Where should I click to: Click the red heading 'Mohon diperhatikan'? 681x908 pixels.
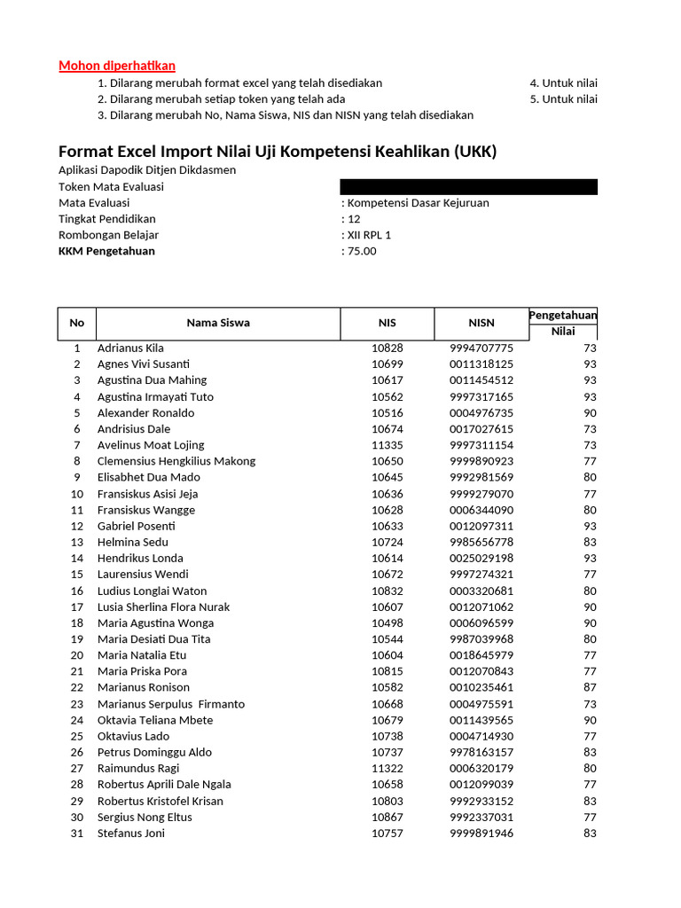point(117,66)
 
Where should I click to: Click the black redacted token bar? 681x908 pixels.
point(468,187)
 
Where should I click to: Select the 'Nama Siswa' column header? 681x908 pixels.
point(218,323)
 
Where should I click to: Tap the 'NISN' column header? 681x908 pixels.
point(481,323)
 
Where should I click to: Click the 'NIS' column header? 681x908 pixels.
point(387,323)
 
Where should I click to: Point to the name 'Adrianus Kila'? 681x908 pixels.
point(130,348)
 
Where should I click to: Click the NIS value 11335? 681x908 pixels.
point(387,445)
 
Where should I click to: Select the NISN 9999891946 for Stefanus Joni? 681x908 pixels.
point(481,834)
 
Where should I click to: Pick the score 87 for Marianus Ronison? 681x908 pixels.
point(590,687)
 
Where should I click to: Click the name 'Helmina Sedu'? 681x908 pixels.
point(132,542)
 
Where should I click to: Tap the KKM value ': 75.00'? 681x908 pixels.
point(359,251)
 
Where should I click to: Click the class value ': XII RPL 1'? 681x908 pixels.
point(366,235)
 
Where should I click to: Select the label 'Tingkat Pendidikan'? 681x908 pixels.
point(106,219)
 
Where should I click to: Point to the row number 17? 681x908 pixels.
point(77,607)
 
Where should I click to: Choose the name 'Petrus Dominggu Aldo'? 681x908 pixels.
point(154,753)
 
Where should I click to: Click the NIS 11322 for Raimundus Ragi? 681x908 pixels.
point(387,769)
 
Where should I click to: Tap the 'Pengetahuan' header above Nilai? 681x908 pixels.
point(563,316)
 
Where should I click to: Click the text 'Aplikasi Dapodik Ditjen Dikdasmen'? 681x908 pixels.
point(147,170)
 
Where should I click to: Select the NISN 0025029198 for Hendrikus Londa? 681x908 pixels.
point(481,559)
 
